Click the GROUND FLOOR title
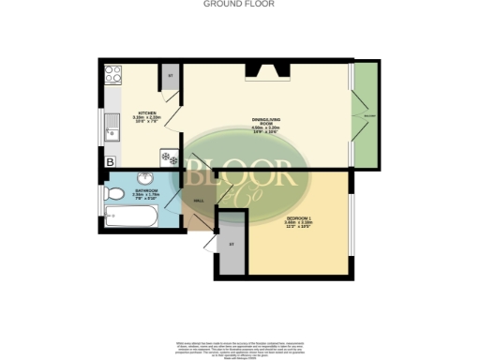coord(239,4)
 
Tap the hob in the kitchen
coord(113,71)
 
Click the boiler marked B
coord(110,162)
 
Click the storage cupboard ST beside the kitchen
coord(171,78)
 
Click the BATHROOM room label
coord(145,192)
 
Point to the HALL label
coord(198,202)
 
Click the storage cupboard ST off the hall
coord(232,246)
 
